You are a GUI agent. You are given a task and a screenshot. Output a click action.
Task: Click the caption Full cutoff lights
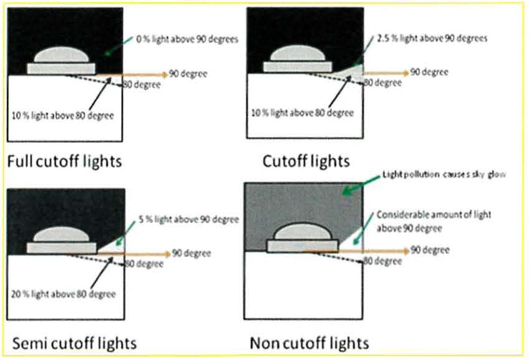64,161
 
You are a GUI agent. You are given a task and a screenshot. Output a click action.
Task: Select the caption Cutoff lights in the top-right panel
306,161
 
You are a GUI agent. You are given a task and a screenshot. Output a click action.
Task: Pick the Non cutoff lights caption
309,343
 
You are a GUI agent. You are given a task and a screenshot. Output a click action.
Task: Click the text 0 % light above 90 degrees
187,40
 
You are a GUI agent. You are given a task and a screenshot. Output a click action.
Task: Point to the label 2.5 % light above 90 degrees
432,39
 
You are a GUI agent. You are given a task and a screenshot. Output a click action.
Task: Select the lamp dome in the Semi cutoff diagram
61,235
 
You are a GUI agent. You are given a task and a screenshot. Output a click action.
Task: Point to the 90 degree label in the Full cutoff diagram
188,74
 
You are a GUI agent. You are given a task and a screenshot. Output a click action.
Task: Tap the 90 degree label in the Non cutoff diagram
430,250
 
